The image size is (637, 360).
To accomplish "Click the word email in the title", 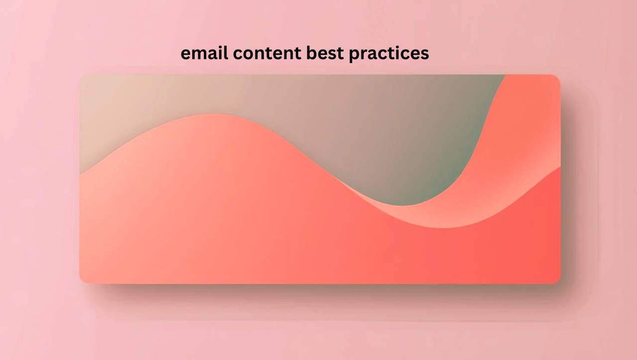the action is (204, 53).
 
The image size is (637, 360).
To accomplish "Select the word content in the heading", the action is (267, 53).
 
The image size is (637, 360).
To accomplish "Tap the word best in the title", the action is (325, 53).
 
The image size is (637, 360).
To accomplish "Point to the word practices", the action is (389, 54).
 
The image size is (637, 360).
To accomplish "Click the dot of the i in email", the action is (220, 47).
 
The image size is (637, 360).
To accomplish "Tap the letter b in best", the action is (312, 53).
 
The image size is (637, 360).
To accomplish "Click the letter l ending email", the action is (226, 53).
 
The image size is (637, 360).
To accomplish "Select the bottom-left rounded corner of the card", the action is (82, 281).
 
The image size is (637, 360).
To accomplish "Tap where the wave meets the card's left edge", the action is (80, 174).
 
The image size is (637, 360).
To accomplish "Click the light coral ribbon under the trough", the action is (443, 216).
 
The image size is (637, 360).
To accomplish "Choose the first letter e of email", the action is (186, 54).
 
